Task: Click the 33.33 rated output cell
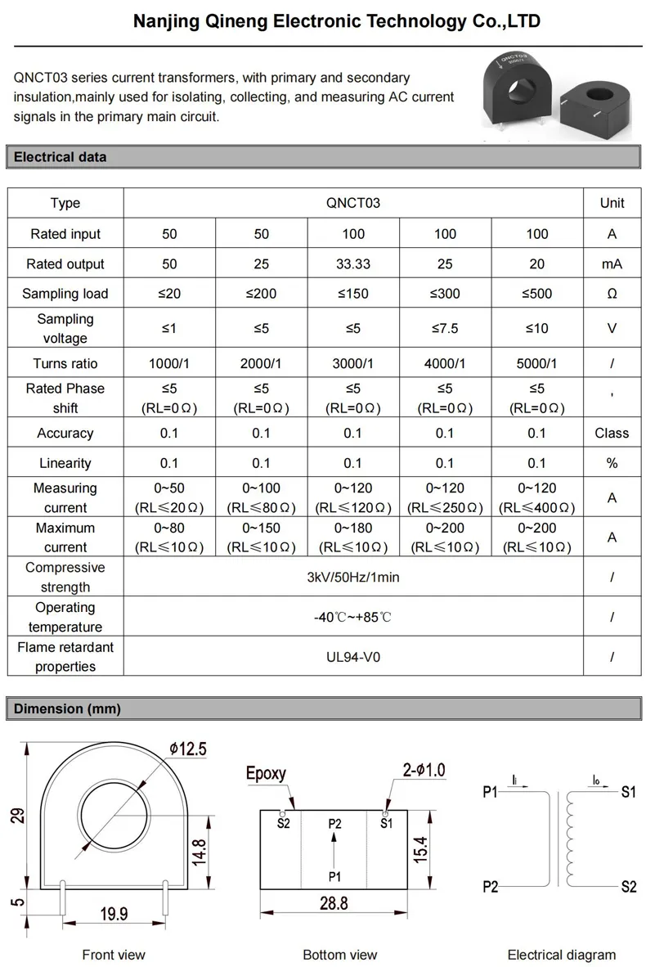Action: pos(353,263)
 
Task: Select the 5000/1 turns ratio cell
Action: pos(536,363)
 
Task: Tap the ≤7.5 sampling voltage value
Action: pos(445,328)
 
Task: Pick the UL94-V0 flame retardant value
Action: pos(353,656)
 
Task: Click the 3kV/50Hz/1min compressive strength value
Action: pos(353,577)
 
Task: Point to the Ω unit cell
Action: pos(612,294)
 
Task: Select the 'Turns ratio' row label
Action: pos(65,363)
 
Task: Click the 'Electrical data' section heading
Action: pos(61,157)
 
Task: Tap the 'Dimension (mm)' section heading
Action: pos(67,709)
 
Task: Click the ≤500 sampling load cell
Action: pos(536,294)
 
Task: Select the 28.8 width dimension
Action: pos(334,903)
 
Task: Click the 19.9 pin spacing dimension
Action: pos(114,914)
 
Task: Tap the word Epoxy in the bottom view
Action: pos(267,773)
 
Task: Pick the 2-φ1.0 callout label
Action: pos(424,770)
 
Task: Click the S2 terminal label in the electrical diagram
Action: pos(628,887)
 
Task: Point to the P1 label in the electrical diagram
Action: pos(490,792)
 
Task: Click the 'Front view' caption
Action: pos(114,954)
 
